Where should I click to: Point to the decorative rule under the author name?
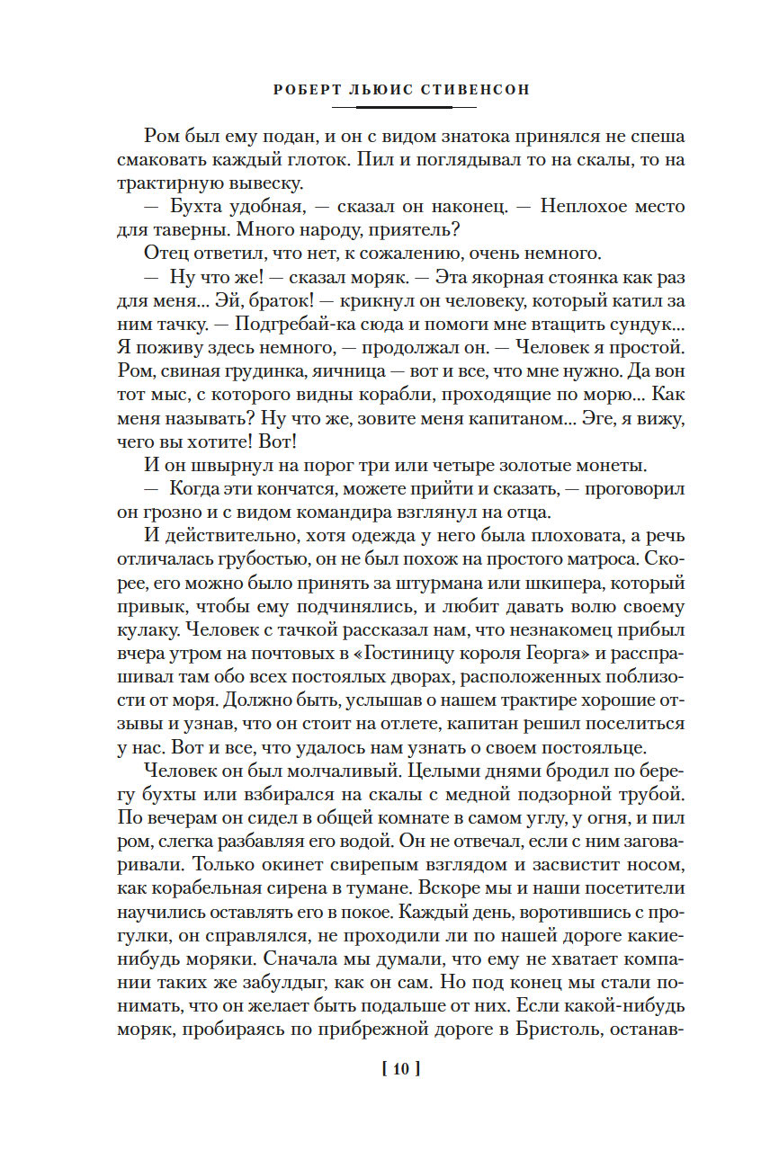coord(391,107)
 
